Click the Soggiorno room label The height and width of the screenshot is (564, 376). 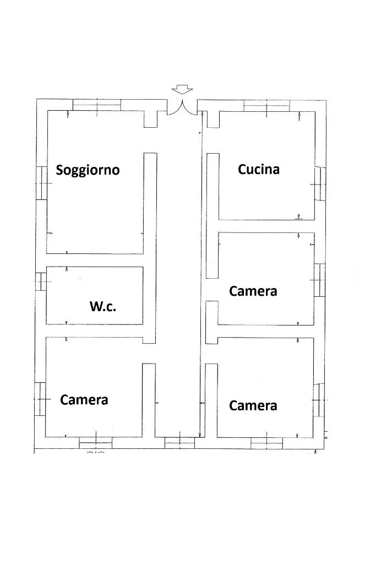click(x=88, y=170)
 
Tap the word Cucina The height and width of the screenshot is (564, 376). click(x=259, y=169)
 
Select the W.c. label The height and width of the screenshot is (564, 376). click(x=103, y=306)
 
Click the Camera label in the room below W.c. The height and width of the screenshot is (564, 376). click(x=84, y=400)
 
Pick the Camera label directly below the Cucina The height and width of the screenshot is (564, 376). click(x=253, y=291)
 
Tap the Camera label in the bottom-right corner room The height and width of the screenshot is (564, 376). click(x=253, y=405)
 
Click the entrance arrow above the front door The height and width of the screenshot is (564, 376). click(x=183, y=89)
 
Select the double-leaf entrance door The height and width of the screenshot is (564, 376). click(x=182, y=107)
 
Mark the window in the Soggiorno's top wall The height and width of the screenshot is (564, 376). click(x=97, y=105)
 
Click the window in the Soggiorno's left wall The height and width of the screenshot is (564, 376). click(x=42, y=183)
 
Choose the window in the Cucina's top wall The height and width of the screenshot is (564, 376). click(x=266, y=106)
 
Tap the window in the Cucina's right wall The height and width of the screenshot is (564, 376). click(x=320, y=184)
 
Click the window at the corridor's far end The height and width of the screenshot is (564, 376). click(x=179, y=443)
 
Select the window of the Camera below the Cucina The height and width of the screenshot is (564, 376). click(x=319, y=280)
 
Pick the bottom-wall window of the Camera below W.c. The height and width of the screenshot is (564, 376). click(x=96, y=443)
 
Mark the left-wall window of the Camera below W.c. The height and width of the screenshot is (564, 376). click(x=40, y=399)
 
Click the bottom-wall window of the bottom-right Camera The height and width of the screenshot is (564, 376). click(x=266, y=443)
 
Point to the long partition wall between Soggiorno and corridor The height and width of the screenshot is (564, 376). click(x=150, y=248)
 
